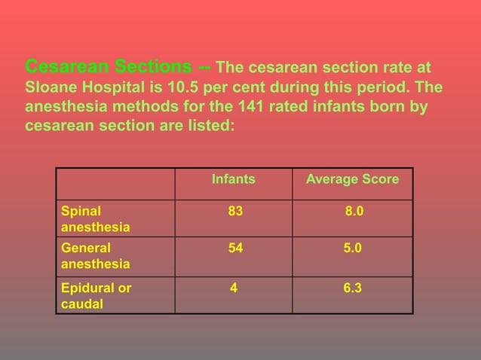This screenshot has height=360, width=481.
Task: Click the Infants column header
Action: coord(233,180)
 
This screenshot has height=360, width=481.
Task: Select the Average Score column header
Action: coord(352,180)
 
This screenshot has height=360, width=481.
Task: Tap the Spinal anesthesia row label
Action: coord(95,219)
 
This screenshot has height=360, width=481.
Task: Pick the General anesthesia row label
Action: coord(95,256)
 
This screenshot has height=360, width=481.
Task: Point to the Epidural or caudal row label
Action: coord(96,295)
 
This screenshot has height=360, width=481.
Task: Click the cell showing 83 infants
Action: coord(235,212)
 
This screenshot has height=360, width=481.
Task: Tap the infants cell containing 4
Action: coord(234,288)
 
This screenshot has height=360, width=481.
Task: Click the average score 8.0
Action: coord(354,212)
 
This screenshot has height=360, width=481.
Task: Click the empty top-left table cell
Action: coord(115,183)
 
